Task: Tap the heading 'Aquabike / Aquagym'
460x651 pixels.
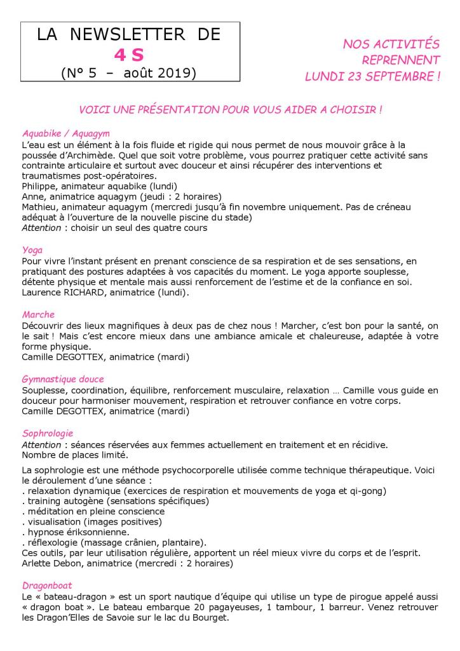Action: (x=66, y=134)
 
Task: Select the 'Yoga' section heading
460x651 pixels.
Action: (x=32, y=250)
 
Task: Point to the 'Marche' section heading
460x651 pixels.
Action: (x=38, y=315)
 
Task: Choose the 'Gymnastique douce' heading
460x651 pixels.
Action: (x=63, y=380)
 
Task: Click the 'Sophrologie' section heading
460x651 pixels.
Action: (x=48, y=434)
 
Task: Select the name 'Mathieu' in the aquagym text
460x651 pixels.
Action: (x=41, y=207)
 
